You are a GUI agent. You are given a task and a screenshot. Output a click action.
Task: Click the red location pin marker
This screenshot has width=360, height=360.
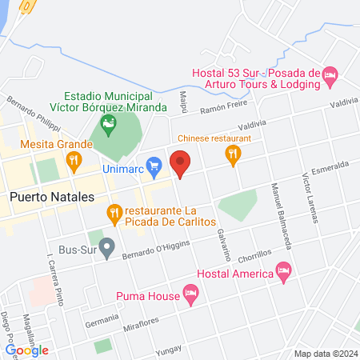[x=180, y=162]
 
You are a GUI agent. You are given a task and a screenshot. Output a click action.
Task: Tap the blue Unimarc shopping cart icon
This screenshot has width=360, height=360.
[x=156, y=166]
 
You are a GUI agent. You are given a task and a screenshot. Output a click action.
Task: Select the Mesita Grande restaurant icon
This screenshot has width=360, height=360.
[x=74, y=159]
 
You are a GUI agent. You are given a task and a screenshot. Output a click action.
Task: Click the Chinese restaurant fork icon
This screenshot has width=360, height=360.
[x=234, y=156]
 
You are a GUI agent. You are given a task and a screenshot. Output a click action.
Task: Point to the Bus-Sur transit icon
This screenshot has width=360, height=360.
[x=106, y=245]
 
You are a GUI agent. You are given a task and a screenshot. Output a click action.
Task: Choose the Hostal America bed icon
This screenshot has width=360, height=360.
[x=282, y=274]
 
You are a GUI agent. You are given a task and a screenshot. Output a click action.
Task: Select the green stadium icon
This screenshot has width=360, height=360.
[x=108, y=123]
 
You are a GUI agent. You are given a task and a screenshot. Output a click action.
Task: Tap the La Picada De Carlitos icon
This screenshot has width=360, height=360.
[x=114, y=213]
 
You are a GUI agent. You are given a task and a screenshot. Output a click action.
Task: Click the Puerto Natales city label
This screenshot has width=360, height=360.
[x=51, y=196]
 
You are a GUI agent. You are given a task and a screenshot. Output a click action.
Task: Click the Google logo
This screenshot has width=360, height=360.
[x=26, y=350]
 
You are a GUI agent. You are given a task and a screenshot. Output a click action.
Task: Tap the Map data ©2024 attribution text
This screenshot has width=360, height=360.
[x=324, y=353]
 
